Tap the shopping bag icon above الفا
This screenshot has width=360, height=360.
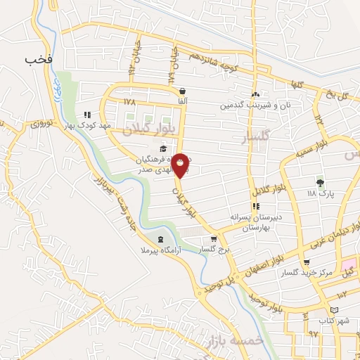[x=183, y=91]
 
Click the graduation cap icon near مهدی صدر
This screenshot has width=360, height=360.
[x=164, y=148]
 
